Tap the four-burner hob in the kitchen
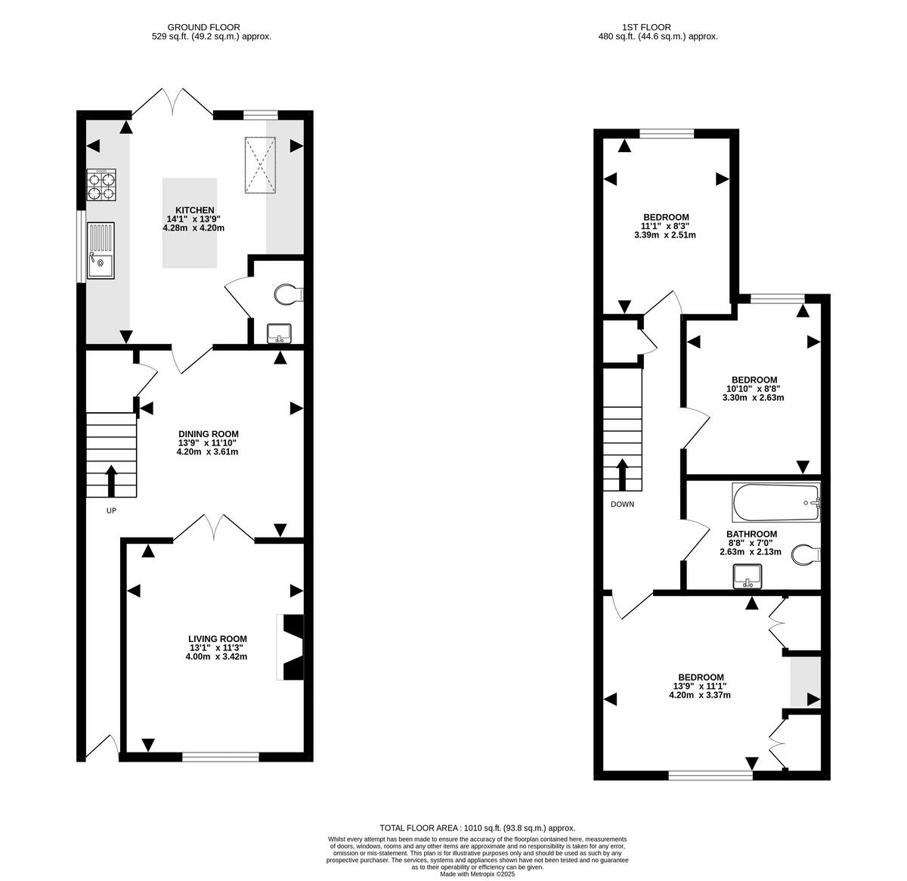101,185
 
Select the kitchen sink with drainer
101,250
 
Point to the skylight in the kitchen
260,165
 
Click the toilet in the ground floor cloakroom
289,294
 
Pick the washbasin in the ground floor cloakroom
279,334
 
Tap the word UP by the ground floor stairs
111,510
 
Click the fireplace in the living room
290,647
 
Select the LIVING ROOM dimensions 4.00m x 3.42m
216,656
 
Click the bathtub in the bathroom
776,503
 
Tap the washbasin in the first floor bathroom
748,576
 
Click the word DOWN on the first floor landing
622,504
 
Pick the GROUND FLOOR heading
203,27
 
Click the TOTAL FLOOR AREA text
419,828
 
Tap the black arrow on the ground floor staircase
111,480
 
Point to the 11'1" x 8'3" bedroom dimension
666,225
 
